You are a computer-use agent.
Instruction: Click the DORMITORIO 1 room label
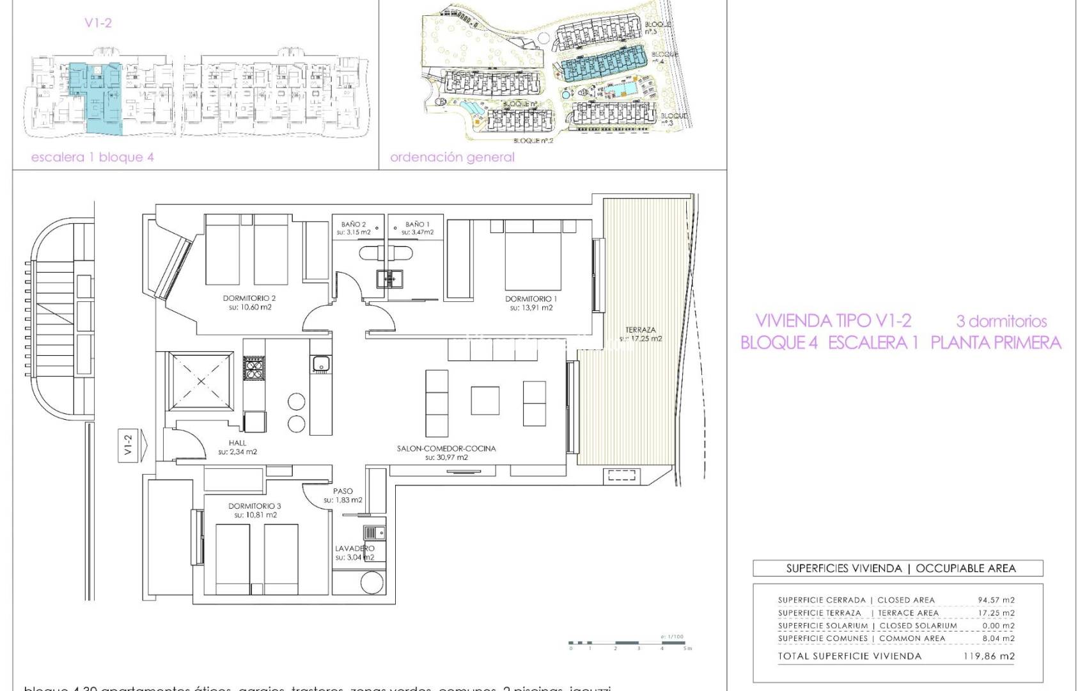pyautogui.click(x=531, y=299)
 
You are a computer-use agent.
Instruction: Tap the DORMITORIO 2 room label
pyautogui.click(x=249, y=299)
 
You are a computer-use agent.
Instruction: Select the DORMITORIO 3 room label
pyautogui.click(x=254, y=506)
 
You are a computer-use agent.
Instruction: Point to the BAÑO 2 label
pyautogui.click(x=354, y=225)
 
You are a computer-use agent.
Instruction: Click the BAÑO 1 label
pyautogui.click(x=418, y=225)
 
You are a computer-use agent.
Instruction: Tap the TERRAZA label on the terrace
pyautogui.click(x=640, y=331)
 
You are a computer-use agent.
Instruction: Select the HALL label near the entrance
pyautogui.click(x=237, y=443)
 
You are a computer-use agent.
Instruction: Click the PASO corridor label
pyautogui.click(x=343, y=491)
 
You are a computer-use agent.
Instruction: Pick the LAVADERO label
pyautogui.click(x=354, y=549)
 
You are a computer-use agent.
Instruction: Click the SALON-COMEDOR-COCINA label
pyautogui.click(x=446, y=449)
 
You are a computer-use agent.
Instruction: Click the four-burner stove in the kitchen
pyautogui.click(x=254, y=369)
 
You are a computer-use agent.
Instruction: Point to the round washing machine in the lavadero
pyautogui.click(x=371, y=584)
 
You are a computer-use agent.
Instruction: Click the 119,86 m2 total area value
pyautogui.click(x=989, y=656)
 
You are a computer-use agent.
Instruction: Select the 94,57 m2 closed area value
pyautogui.click(x=996, y=600)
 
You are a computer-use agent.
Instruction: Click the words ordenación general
pyautogui.click(x=452, y=157)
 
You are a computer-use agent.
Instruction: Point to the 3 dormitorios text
pyautogui.click(x=1001, y=321)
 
